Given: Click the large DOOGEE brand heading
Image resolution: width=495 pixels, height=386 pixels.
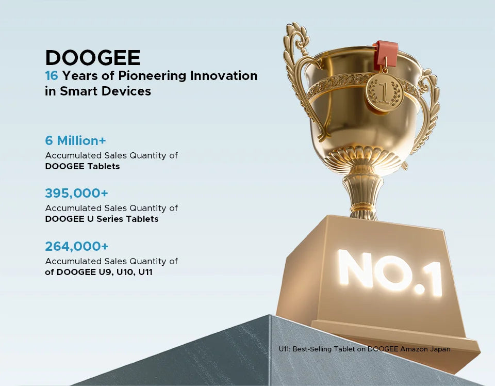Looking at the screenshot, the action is (x=93, y=58).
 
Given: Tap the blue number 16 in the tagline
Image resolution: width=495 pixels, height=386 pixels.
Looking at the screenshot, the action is (x=52, y=76).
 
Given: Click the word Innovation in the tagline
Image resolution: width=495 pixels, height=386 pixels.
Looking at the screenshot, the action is (x=223, y=76).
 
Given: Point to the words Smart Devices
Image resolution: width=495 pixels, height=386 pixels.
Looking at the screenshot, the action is (x=105, y=91).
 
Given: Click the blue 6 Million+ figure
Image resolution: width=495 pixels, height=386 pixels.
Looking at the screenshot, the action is (x=75, y=140).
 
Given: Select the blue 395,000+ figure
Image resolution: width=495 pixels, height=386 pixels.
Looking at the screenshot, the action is (x=77, y=193).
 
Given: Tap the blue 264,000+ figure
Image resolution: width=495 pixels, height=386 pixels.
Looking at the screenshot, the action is (x=77, y=246).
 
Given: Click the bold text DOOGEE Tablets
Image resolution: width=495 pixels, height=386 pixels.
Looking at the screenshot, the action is (x=82, y=166).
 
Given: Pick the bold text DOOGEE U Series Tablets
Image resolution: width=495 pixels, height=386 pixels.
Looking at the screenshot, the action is (x=102, y=219).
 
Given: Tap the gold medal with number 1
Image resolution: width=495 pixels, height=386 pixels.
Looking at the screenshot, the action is (x=385, y=93).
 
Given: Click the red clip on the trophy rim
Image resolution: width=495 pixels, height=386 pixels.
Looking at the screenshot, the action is (x=386, y=54).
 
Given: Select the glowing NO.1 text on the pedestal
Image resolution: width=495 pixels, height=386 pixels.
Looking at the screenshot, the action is (x=390, y=273).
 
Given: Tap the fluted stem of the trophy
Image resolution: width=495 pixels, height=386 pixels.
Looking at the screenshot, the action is (x=363, y=196).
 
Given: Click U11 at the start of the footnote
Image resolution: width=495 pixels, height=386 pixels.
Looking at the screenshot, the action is (x=284, y=349).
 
